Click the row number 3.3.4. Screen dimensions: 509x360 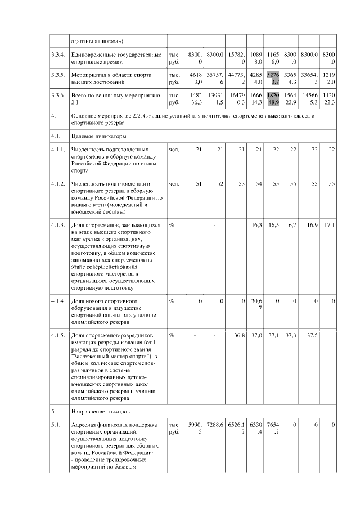click(x=57, y=55)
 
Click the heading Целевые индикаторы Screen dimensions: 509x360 click(x=94, y=136)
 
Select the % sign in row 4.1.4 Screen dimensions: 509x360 click(x=171, y=301)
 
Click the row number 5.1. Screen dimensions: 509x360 click(x=55, y=424)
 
